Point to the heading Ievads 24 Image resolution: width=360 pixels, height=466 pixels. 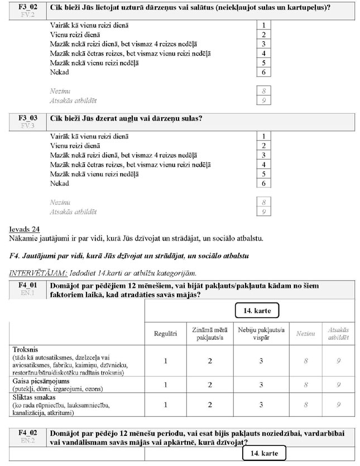(26, 229)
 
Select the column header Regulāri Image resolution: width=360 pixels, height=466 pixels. (165, 333)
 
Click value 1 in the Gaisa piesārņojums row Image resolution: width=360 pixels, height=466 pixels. (165, 384)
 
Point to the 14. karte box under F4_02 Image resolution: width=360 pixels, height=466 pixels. (264, 453)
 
